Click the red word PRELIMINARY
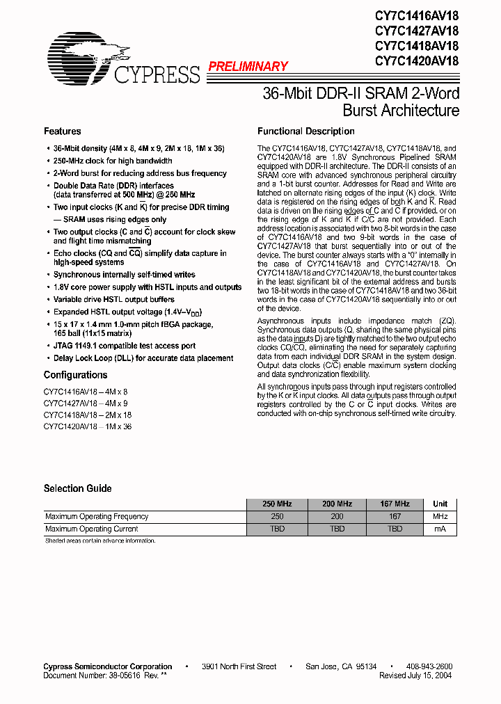point(248,67)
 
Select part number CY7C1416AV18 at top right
point(417,16)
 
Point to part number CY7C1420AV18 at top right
point(417,61)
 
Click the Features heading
point(62,131)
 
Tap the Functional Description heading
point(305,131)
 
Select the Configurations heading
point(75,375)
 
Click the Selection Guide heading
point(77,488)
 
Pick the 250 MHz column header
point(277,504)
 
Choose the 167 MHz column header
point(395,504)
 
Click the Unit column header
point(440,504)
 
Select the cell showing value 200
point(337,516)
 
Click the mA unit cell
point(440,529)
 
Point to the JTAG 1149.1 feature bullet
point(125,346)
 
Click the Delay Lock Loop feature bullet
point(143,358)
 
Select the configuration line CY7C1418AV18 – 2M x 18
point(88,415)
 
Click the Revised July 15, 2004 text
point(415,675)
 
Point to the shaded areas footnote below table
point(100,541)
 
